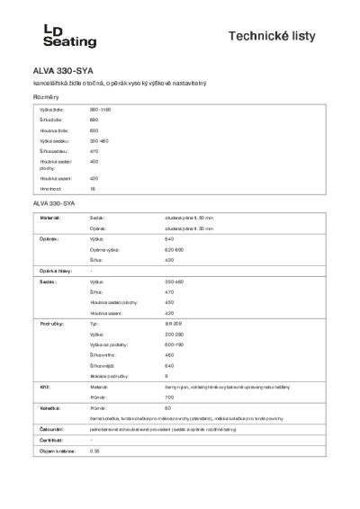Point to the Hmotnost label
click(x=49, y=190)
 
